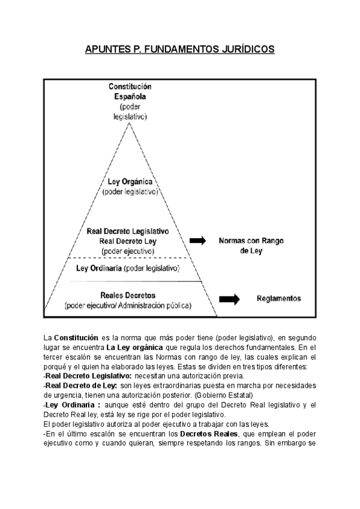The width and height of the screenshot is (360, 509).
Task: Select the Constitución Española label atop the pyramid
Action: coord(130,91)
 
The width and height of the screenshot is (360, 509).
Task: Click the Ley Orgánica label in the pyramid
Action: coord(130,181)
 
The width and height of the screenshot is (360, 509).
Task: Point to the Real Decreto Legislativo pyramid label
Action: coord(128,230)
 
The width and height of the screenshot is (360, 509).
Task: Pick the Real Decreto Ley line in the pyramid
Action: coord(128,241)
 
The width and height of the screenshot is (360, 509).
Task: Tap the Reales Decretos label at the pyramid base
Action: coord(128,295)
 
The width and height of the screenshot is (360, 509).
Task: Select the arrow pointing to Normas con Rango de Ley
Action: coord(197,241)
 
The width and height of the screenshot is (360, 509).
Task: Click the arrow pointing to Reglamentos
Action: coord(229,298)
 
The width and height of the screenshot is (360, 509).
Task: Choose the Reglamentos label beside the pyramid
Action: coord(278,298)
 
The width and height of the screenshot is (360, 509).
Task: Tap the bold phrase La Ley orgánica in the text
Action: coord(131,348)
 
